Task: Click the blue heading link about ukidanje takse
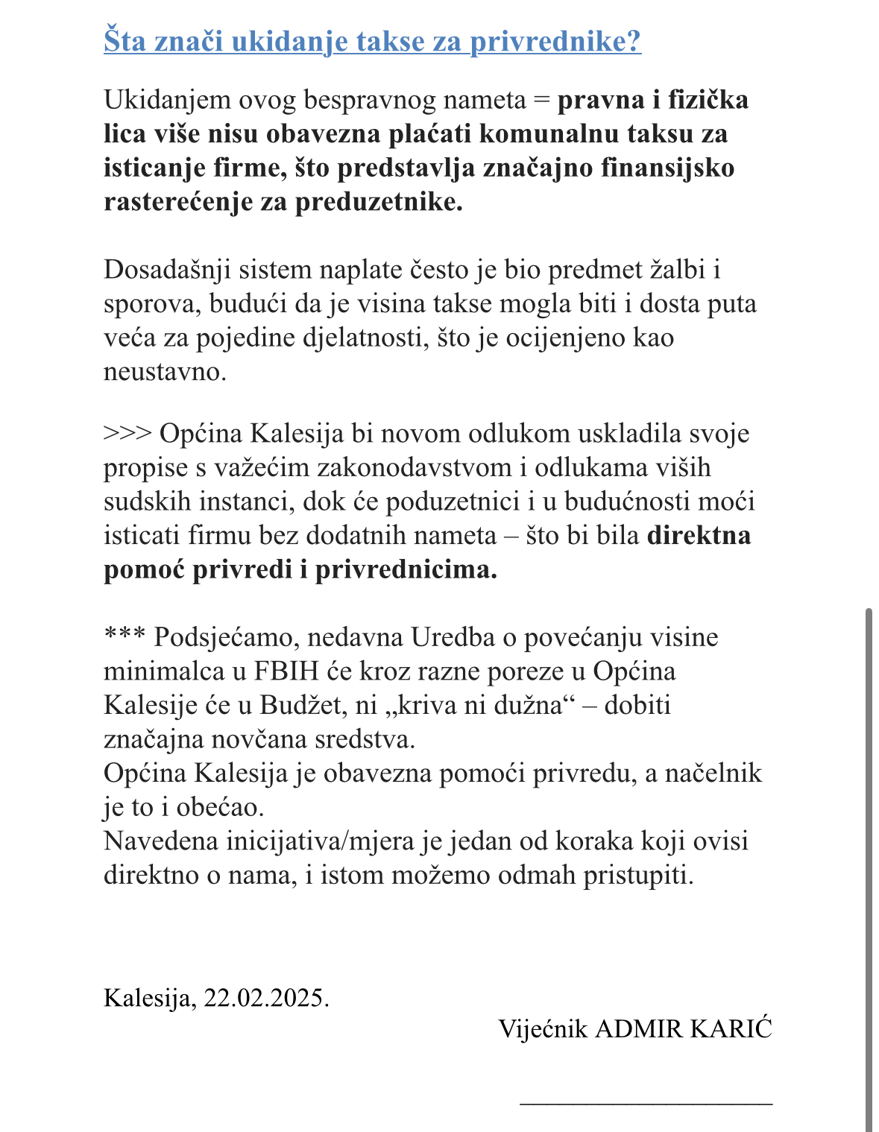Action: click(372, 41)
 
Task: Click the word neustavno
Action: click(164, 371)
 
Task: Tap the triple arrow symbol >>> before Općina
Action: click(127, 434)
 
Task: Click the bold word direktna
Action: click(699, 536)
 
